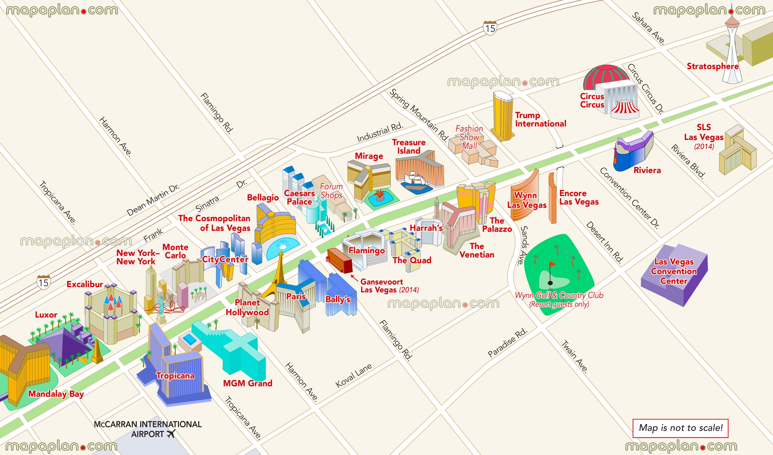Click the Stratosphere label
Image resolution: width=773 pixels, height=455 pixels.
pyautogui.click(x=712, y=66)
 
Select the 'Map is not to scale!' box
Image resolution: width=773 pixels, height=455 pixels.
pyautogui.click(x=680, y=428)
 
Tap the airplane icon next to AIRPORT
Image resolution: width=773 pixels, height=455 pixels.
pyautogui.click(x=171, y=434)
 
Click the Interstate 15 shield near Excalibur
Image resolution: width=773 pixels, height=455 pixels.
pyautogui.click(x=43, y=283)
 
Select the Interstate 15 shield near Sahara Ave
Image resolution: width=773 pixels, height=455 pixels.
pyautogui.click(x=490, y=28)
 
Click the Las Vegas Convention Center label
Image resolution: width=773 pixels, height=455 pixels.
pyautogui.click(x=674, y=271)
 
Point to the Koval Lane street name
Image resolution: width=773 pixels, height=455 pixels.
pyautogui.click(x=354, y=376)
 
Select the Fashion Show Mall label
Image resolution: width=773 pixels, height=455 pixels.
pyautogui.click(x=469, y=137)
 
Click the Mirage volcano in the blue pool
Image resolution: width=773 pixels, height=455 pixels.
pyautogui.click(x=380, y=195)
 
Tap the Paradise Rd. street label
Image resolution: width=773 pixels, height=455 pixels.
pyautogui.click(x=507, y=343)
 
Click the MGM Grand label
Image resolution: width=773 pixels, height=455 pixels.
pyautogui.click(x=247, y=383)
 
